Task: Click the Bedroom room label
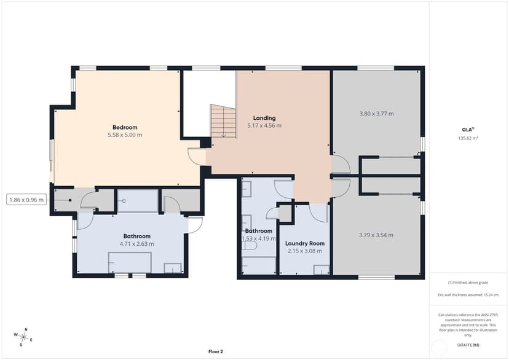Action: pos(125,127)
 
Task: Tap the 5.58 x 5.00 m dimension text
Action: pos(125,135)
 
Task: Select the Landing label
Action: pos(264,118)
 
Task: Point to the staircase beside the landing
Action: pos(223,121)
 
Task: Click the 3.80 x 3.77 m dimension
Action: pos(377,114)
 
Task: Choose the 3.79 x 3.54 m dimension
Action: pos(376,235)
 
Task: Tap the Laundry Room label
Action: pos(305,243)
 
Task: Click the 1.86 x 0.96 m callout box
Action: pos(26,200)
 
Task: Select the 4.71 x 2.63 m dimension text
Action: pos(136,244)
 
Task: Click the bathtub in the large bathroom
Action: pos(130,262)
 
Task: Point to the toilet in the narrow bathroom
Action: pos(249,246)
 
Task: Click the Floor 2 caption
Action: pos(216,351)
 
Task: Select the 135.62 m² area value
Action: pos(468,138)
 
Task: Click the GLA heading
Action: pos(468,130)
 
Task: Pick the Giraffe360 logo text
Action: pos(468,345)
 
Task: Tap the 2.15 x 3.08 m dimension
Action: pos(305,251)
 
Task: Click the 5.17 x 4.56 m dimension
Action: pos(264,125)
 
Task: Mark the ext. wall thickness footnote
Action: pos(468,295)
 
